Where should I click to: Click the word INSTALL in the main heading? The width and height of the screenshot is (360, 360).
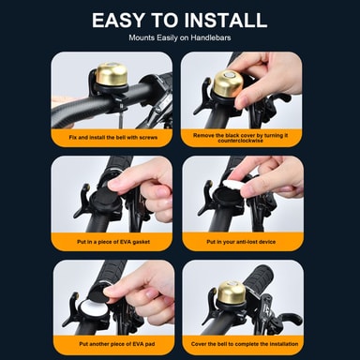[226, 20]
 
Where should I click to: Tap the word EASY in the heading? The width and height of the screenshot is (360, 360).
[118, 20]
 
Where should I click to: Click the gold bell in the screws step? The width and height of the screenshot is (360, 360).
[112, 74]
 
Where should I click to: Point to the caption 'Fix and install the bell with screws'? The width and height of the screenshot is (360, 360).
[113, 138]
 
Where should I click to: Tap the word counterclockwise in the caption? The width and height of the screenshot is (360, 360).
[241, 141]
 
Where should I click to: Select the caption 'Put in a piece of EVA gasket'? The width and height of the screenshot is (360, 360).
[113, 242]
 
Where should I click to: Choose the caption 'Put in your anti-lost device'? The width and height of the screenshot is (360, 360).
[241, 242]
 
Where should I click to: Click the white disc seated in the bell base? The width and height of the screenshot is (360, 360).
[92, 310]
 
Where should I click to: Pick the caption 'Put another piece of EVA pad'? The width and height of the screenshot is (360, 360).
[117, 344]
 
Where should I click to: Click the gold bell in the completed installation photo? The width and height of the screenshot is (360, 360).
[230, 293]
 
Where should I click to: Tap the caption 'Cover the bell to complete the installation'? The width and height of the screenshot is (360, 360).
[245, 344]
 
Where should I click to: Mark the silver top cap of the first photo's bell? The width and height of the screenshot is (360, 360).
[112, 65]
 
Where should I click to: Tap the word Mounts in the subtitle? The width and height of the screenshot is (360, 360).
[142, 37]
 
